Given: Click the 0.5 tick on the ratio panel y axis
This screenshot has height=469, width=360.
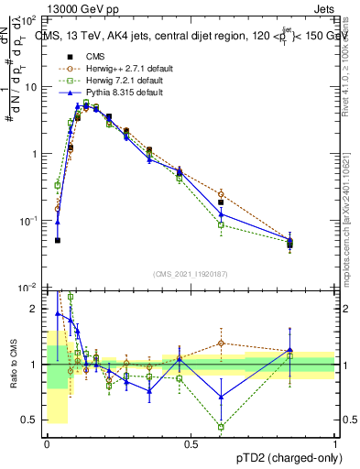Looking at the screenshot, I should click(x=30, y=420).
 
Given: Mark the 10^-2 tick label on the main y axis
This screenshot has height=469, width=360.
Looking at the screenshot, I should click(x=27, y=288).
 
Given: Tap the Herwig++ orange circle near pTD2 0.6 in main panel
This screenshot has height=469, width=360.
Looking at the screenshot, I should click(x=221, y=194).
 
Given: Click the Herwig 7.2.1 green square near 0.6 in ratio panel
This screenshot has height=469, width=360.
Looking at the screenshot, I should click(x=221, y=427).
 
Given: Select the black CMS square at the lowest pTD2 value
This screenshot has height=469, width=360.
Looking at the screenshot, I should click(x=58, y=240).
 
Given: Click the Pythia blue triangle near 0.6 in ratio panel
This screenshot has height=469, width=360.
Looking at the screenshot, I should click(x=221, y=397).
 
